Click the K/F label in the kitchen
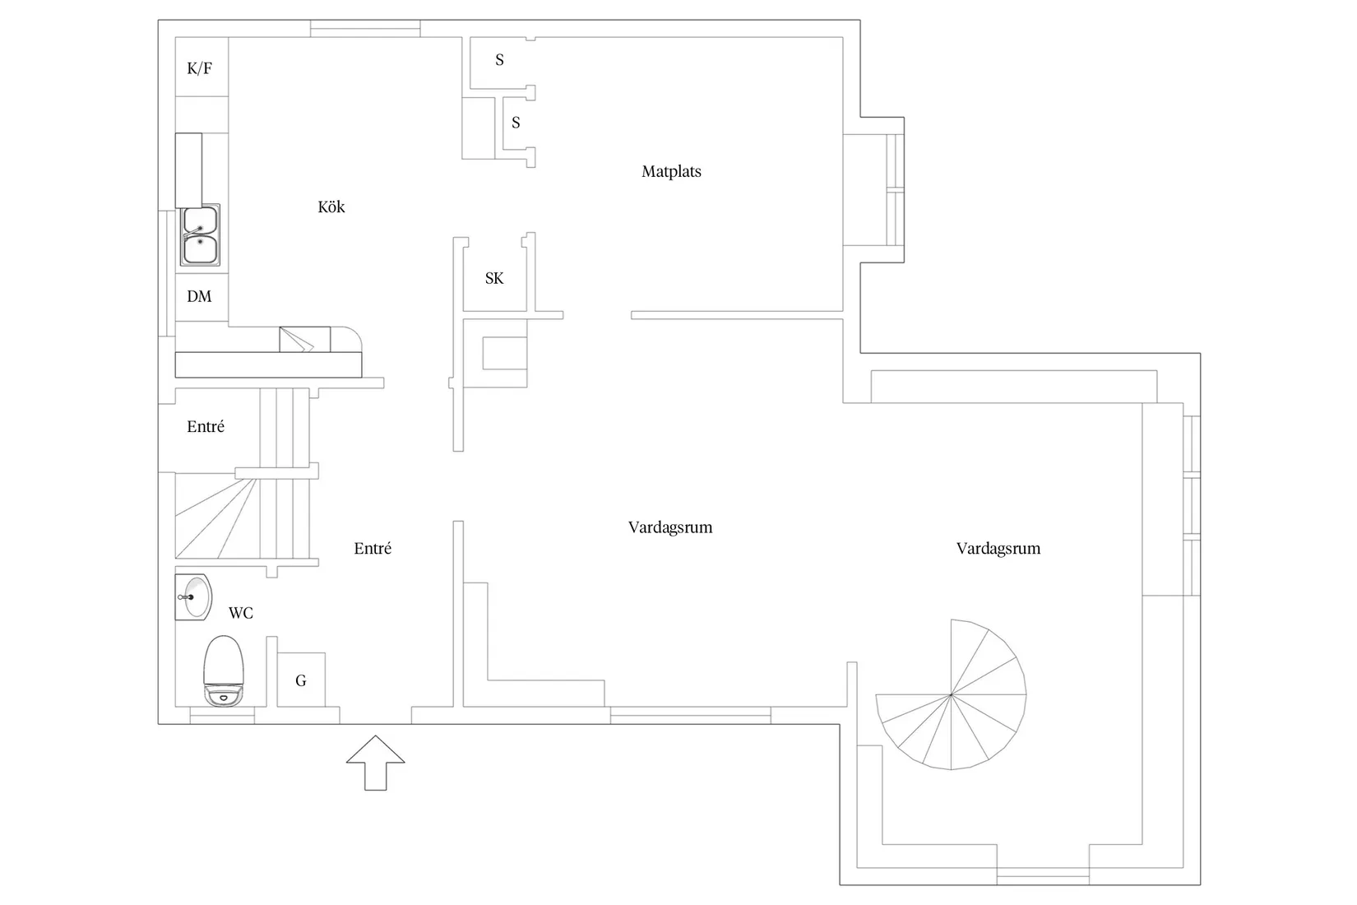(x=199, y=68)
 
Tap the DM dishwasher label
(x=199, y=296)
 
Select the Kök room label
(x=331, y=207)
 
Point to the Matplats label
(x=671, y=172)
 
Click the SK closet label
(x=494, y=278)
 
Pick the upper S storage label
(x=500, y=59)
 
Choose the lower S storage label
(x=516, y=123)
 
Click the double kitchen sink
(x=200, y=234)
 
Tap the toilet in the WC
(x=224, y=671)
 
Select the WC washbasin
(x=194, y=597)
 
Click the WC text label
(x=240, y=613)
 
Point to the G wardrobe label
(x=301, y=680)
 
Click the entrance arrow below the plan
(x=376, y=763)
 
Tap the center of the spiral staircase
(x=951, y=694)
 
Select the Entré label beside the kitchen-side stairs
(x=206, y=427)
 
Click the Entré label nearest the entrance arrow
(x=373, y=549)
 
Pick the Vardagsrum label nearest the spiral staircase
(x=998, y=549)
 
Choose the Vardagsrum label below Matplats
(x=670, y=527)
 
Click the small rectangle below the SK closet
(x=505, y=353)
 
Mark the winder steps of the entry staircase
(x=218, y=518)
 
